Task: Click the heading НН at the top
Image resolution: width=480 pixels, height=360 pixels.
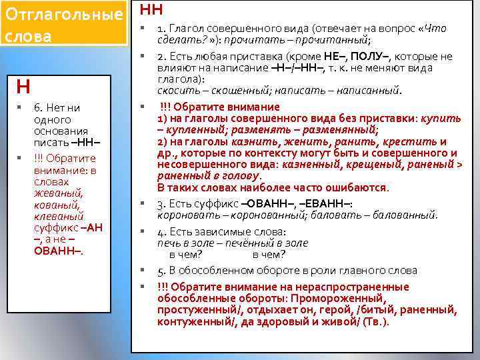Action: coord(151,9)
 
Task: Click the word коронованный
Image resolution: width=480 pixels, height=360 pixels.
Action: coord(271,215)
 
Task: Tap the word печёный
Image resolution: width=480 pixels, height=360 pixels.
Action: coord(241,243)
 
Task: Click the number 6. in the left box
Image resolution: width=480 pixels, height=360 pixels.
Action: coord(39,107)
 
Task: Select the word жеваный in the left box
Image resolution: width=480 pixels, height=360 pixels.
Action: coord(56,193)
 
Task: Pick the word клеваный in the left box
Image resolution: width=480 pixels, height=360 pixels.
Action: coord(58,216)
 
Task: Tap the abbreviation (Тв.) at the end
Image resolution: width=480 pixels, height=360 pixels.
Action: coord(376,321)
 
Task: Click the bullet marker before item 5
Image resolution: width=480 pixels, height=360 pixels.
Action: coord(142,269)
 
